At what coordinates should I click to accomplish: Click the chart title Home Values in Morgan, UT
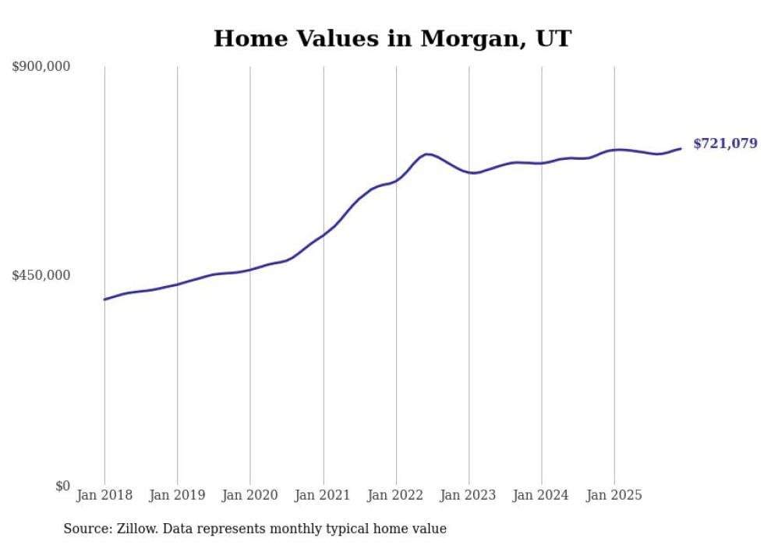pyautogui.click(x=392, y=38)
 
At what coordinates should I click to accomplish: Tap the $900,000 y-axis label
pyautogui.click(x=41, y=67)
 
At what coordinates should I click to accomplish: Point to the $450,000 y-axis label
pyautogui.click(x=41, y=275)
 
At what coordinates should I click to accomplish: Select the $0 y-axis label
pyautogui.click(x=62, y=486)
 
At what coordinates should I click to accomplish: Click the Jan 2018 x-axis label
pyautogui.click(x=104, y=495)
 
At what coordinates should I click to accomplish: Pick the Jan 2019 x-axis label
pyautogui.click(x=177, y=495)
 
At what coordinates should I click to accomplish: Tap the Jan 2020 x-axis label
pyautogui.click(x=250, y=495)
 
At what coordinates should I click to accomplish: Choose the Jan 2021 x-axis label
pyautogui.click(x=324, y=495)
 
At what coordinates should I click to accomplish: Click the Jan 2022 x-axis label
pyautogui.click(x=396, y=495)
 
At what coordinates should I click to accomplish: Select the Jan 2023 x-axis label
pyautogui.click(x=469, y=495)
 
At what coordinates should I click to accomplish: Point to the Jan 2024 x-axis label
pyautogui.click(x=542, y=495)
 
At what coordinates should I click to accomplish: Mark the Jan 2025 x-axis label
pyautogui.click(x=614, y=495)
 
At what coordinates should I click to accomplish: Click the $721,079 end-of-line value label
pyautogui.click(x=725, y=143)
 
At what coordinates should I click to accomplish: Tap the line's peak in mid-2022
pyautogui.click(x=427, y=154)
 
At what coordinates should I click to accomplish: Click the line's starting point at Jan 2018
pyautogui.click(x=104, y=299)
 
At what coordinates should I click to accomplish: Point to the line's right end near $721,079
pyautogui.click(x=681, y=148)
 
